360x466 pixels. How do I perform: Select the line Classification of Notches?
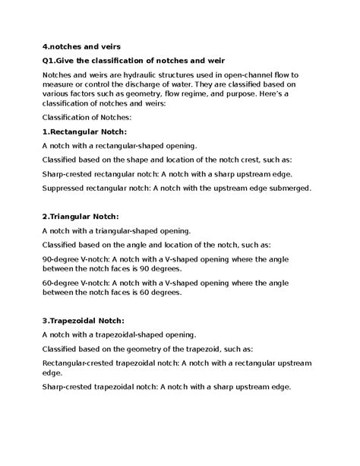[87, 119]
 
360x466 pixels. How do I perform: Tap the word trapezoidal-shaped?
[134, 334]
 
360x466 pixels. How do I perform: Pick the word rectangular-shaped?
[134, 144]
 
